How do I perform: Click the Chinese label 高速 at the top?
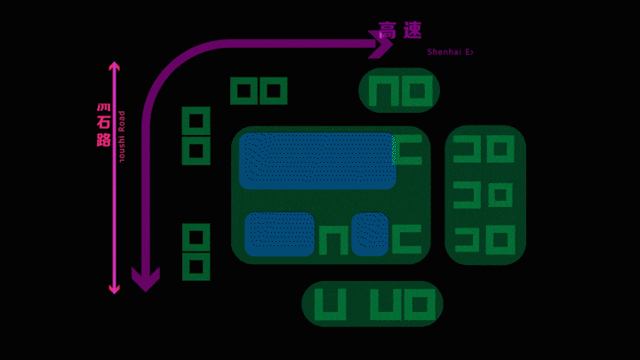(x=400, y=30)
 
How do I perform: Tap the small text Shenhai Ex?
(x=450, y=52)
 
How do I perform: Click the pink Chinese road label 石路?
(x=104, y=126)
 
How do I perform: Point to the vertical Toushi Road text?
(x=122, y=136)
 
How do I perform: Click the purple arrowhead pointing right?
(x=381, y=44)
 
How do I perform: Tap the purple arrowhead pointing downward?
(x=145, y=279)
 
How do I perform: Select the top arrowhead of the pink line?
(x=114, y=67)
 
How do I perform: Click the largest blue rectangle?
(x=317, y=161)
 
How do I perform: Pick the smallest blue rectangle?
(x=370, y=234)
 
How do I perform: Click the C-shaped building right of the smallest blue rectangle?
(x=407, y=239)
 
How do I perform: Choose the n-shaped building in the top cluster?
(x=384, y=92)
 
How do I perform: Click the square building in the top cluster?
(x=417, y=92)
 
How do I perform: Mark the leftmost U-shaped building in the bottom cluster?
(x=330, y=305)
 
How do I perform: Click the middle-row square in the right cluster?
(x=500, y=195)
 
